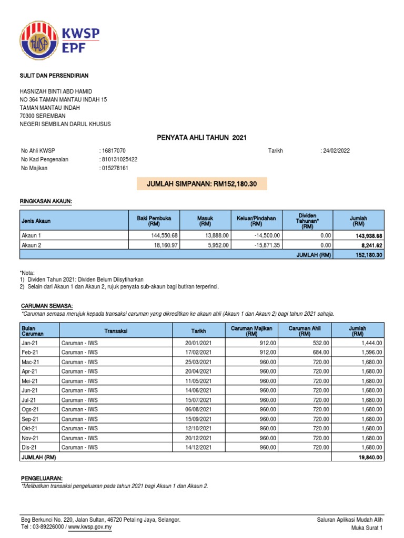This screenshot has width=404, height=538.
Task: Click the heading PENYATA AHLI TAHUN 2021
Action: [x=202, y=138]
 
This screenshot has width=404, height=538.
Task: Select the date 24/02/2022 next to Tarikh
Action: [x=336, y=151]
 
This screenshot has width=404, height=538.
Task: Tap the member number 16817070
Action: [x=113, y=151]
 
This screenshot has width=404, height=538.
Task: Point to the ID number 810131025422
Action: [x=120, y=159]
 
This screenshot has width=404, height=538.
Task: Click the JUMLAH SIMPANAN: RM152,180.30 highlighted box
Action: [x=201, y=184]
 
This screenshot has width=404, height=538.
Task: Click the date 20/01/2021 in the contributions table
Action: [x=202, y=343]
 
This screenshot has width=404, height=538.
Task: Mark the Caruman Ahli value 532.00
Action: [x=318, y=343]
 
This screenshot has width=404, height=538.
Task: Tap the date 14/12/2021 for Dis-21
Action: [x=202, y=447]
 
